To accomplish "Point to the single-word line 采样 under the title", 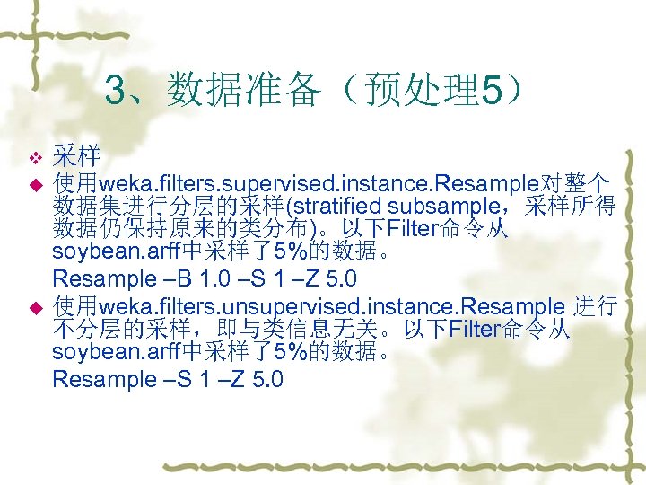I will (76, 156).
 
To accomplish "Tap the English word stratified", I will (336, 207).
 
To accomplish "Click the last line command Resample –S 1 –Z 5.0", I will (168, 379).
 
